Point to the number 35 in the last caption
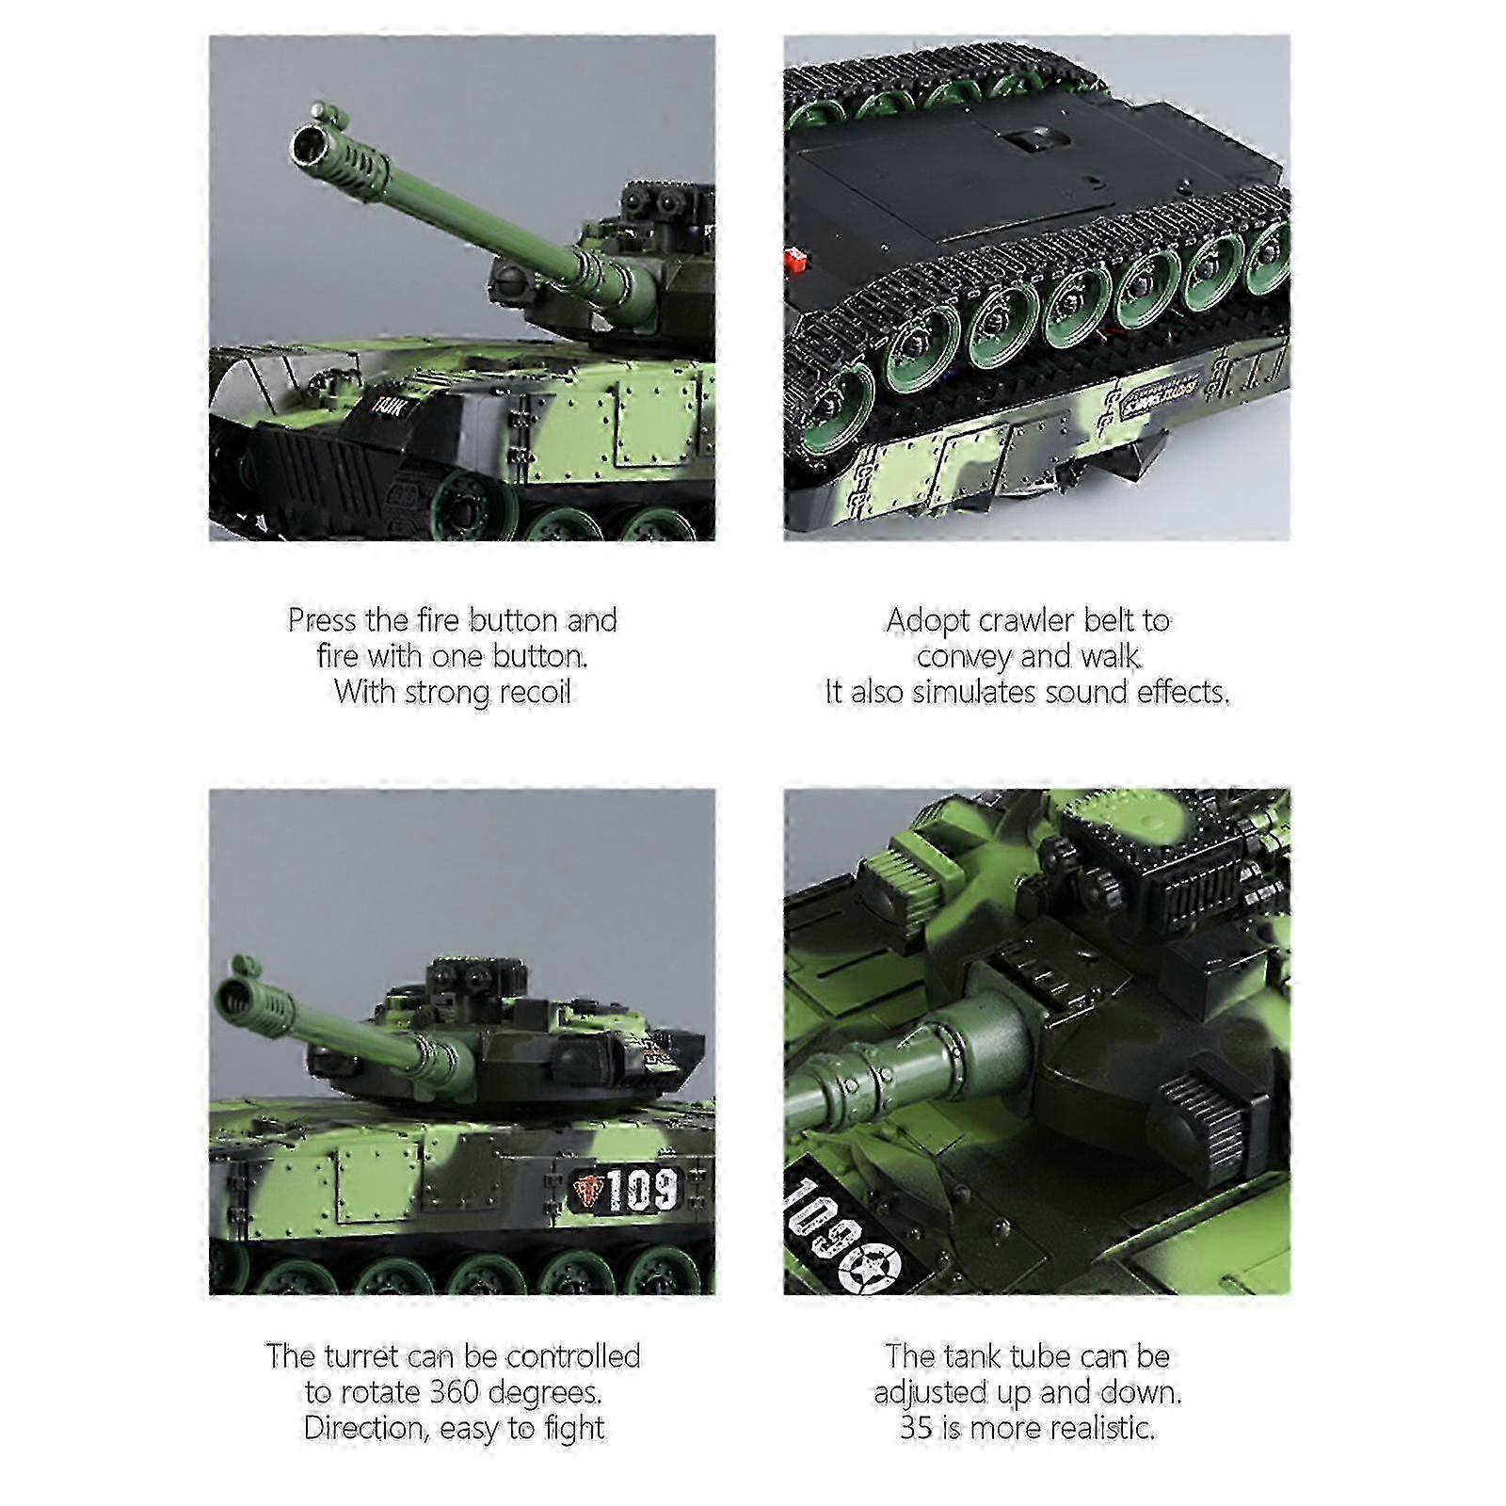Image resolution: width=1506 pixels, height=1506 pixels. point(917,1428)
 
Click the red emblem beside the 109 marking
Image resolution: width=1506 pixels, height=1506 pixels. point(586,1192)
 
